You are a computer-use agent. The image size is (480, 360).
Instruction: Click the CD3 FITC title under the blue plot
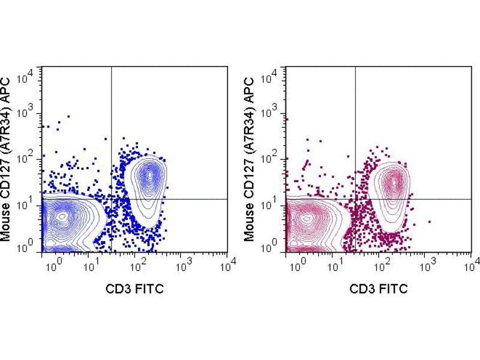134,289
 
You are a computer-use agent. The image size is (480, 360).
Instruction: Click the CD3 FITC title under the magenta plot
379,289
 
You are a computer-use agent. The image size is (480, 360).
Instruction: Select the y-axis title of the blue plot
8,157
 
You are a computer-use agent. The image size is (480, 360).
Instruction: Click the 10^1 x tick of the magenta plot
339,263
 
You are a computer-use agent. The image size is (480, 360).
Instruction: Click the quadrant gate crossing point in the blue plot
112,199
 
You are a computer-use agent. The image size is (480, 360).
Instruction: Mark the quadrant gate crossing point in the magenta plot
356,199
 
